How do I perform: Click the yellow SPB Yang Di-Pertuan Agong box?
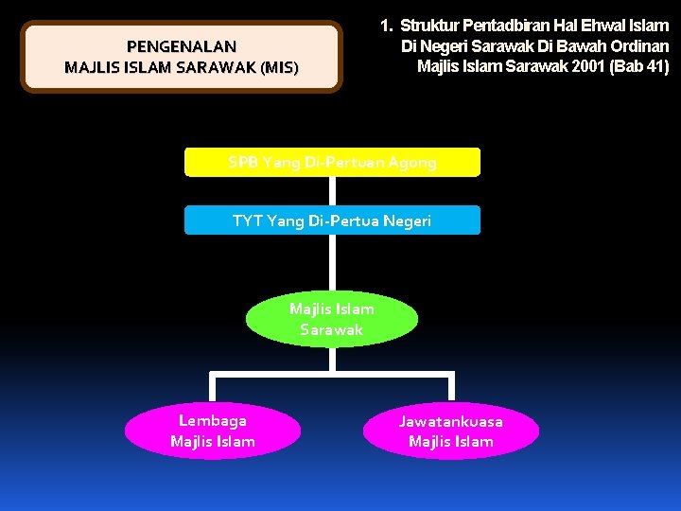click(332, 162)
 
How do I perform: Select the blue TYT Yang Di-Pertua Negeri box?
click(332, 220)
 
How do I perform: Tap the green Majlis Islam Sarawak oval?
click(332, 319)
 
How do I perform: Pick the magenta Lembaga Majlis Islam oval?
click(213, 431)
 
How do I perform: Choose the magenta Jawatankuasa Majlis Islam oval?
click(451, 431)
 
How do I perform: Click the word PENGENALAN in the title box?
click(182, 45)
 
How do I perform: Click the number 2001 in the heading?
click(586, 66)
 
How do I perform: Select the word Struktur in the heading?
click(430, 26)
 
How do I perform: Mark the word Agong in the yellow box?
click(412, 162)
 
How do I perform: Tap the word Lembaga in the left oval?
click(213, 420)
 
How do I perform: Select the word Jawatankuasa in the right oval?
click(451, 421)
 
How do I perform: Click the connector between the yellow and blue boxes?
click(332, 191)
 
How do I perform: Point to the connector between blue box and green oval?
click(332, 263)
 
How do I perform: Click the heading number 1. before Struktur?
click(386, 26)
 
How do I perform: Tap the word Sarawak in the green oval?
click(332, 329)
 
